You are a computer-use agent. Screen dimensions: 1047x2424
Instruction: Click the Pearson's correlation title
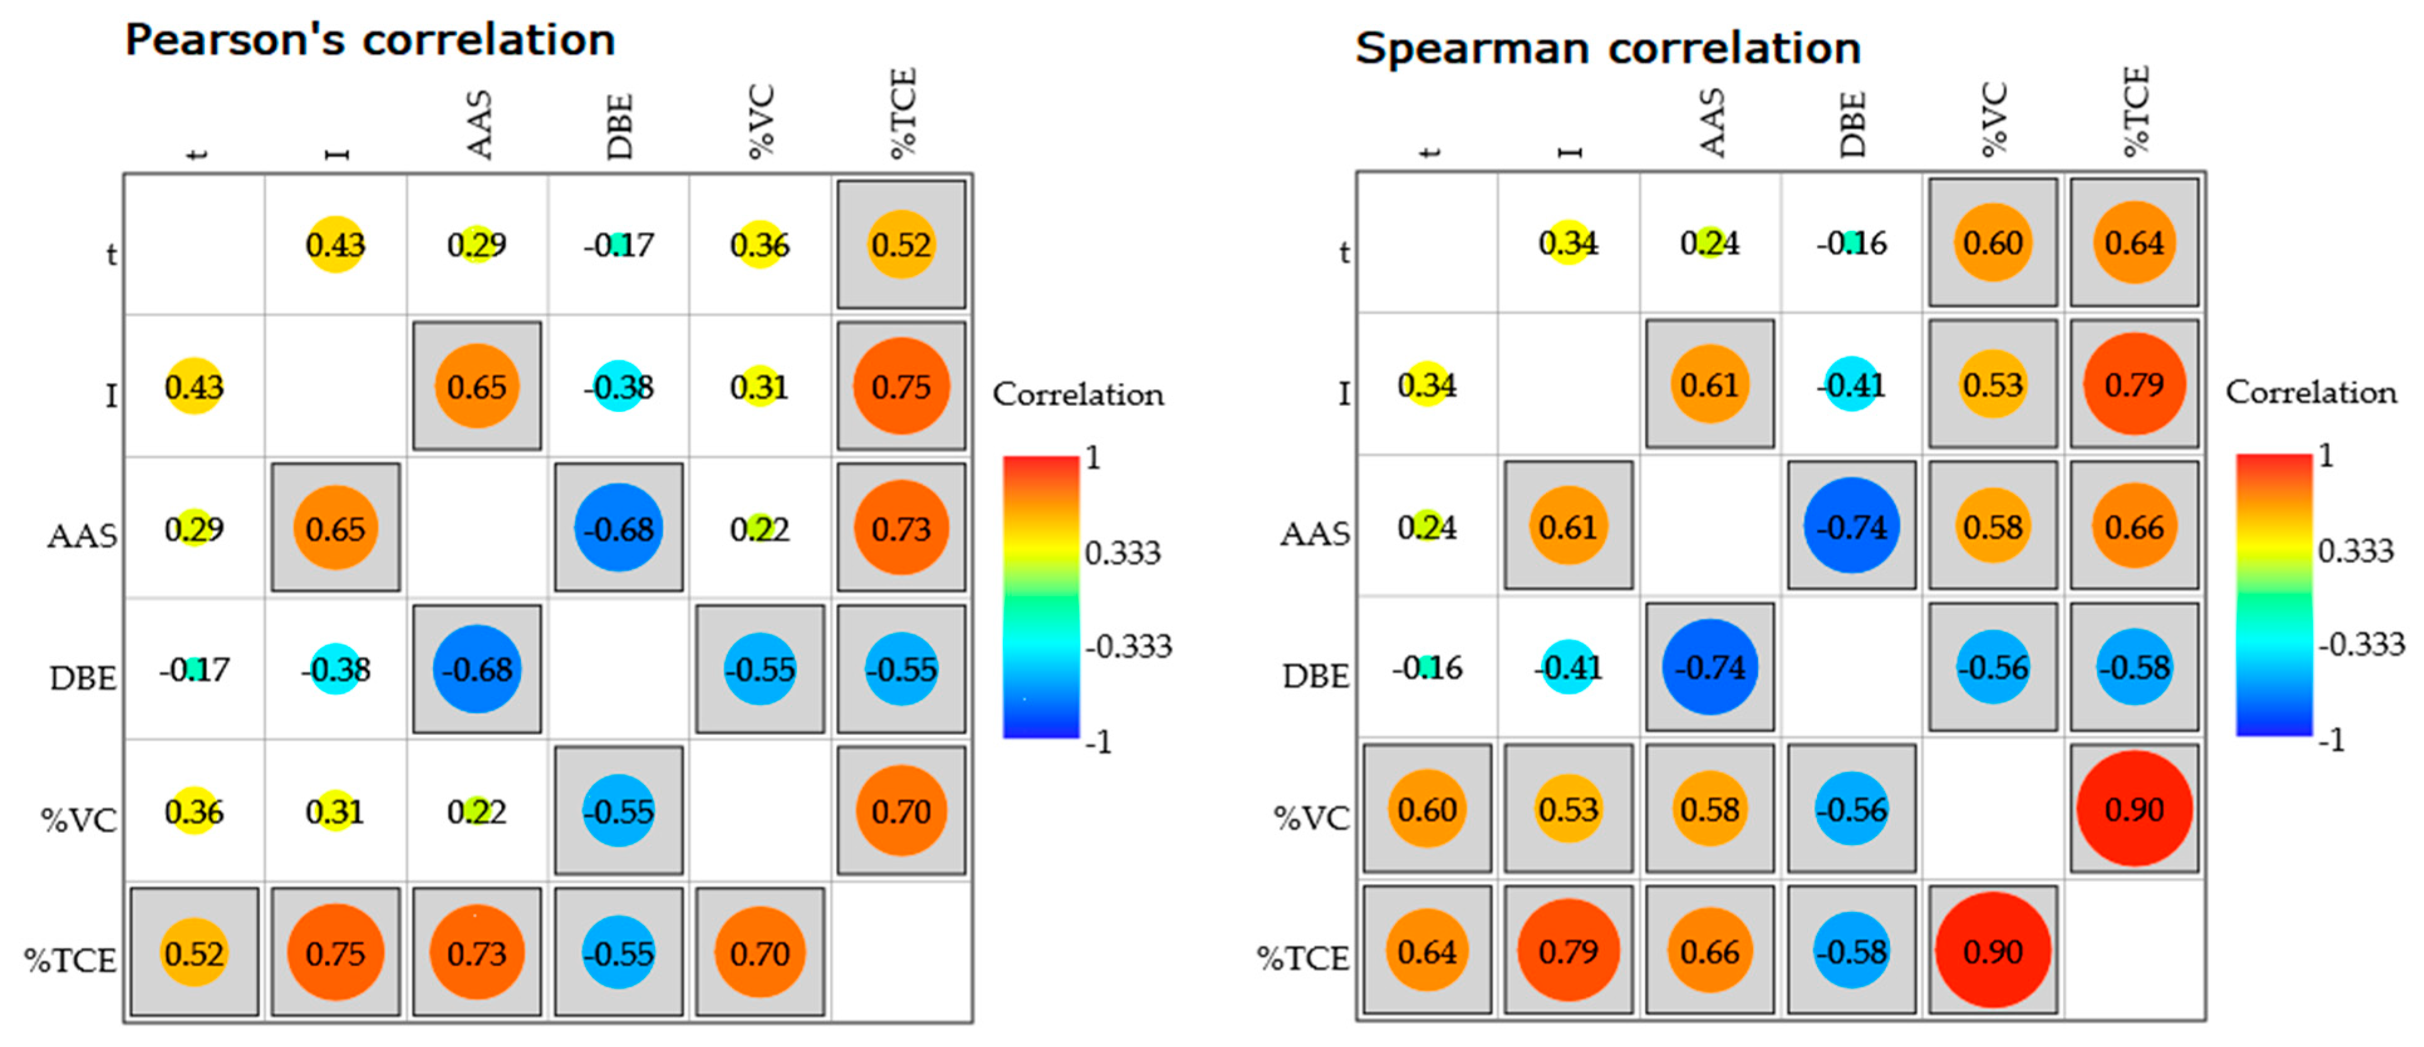coord(370,40)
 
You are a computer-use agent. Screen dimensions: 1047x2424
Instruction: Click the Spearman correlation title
coord(1607,48)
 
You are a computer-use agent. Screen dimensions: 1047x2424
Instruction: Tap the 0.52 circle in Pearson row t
coord(901,245)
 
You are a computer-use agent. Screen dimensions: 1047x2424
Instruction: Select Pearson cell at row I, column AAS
coord(476,387)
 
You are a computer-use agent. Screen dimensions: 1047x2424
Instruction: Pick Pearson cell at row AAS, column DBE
coord(618,529)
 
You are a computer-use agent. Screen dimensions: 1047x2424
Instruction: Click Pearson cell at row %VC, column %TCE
coord(901,811)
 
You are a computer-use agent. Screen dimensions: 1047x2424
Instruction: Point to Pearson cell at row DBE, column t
coord(194,670)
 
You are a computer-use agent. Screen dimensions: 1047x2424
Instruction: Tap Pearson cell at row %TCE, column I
coord(335,953)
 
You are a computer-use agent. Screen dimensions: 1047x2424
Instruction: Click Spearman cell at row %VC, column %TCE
coord(2133,809)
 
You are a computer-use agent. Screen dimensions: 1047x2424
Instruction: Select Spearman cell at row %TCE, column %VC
coord(1992,951)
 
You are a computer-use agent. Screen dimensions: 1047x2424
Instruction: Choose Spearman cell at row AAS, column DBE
coord(1851,526)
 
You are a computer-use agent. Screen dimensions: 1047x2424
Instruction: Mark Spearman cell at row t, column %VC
coord(1992,243)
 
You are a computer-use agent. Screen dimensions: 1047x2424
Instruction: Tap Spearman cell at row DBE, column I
coord(1568,668)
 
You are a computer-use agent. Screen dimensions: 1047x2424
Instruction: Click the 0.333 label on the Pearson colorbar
coord(1123,553)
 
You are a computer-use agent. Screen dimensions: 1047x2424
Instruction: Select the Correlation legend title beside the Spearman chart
coord(2310,392)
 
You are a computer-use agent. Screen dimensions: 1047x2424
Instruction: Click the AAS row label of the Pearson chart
coord(83,536)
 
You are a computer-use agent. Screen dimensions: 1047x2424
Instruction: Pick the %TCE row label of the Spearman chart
coord(1302,958)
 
